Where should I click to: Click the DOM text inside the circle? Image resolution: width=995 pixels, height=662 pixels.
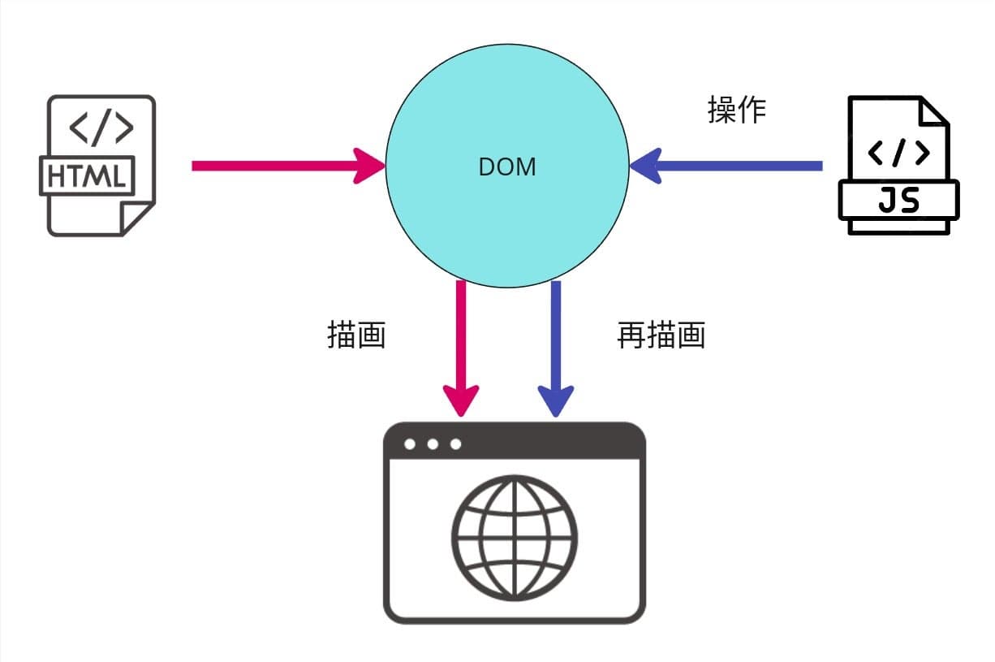[507, 167]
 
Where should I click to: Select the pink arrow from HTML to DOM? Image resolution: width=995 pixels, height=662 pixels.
[276, 166]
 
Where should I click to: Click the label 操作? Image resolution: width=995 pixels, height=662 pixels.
[737, 110]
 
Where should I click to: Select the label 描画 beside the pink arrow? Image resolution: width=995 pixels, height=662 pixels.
[355, 335]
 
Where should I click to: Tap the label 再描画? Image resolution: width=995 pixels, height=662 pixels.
[661, 335]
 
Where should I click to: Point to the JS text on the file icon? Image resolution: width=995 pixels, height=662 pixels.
[898, 200]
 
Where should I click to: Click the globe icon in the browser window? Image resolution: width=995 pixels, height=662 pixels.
[515, 538]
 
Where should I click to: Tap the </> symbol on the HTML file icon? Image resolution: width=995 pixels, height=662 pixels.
[101, 128]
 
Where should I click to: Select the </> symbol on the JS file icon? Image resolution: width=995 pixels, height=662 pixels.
[898, 152]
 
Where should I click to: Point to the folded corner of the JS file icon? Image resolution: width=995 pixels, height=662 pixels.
[933, 110]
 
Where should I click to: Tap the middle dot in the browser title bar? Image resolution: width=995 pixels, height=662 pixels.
[433, 444]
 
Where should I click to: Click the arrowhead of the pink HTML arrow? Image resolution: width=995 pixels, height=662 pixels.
[369, 166]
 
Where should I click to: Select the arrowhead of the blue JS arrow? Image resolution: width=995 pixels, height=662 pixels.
[646, 166]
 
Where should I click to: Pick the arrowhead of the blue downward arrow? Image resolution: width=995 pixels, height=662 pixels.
[556, 400]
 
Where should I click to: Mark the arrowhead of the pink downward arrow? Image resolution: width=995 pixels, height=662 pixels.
[461, 400]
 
